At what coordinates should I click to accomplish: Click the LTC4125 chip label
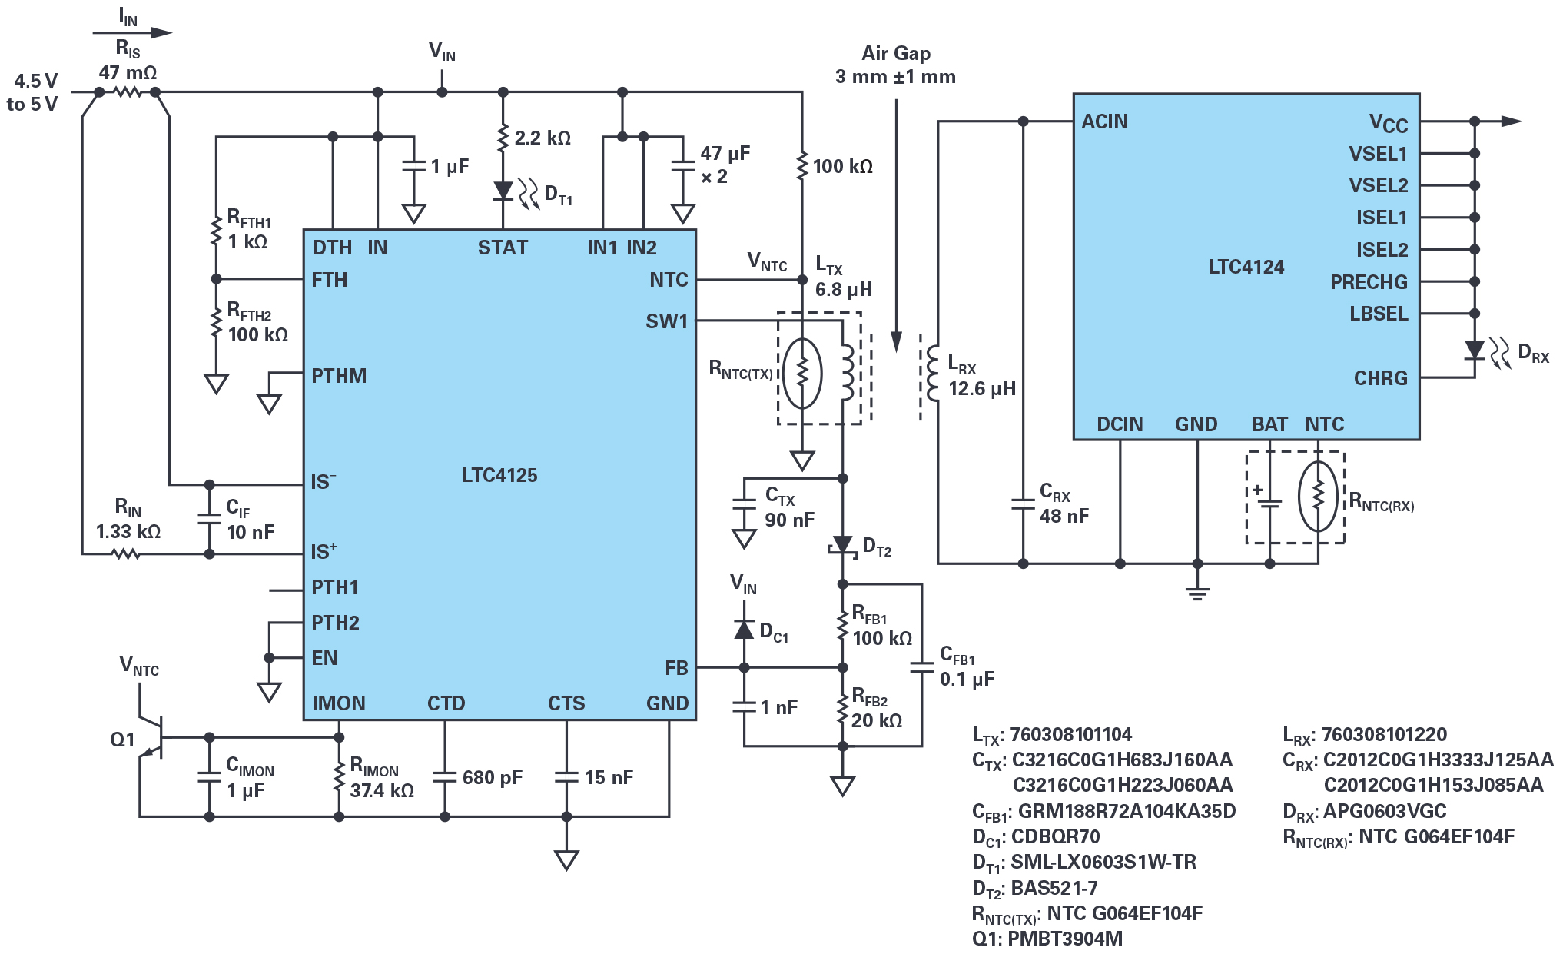499,475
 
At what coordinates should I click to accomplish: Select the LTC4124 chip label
1246,267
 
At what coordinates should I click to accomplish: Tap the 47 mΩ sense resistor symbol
128,92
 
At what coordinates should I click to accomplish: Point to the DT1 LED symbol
503,190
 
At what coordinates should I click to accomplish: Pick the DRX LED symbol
1474,351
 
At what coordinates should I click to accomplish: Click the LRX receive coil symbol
932,374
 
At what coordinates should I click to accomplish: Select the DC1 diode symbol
744,630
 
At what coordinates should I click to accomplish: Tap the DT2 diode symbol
843,545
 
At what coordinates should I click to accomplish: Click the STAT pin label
503,248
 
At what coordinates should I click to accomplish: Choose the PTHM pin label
339,376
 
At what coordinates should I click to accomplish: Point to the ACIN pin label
1104,121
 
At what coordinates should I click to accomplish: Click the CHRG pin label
1380,378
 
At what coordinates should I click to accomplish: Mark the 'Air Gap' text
896,53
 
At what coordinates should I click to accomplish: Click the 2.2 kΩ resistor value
543,138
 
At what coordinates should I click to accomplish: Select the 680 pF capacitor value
492,777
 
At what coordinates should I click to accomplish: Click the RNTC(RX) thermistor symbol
1318,496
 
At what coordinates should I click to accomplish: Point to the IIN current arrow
132,32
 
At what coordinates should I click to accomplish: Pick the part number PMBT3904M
1064,939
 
